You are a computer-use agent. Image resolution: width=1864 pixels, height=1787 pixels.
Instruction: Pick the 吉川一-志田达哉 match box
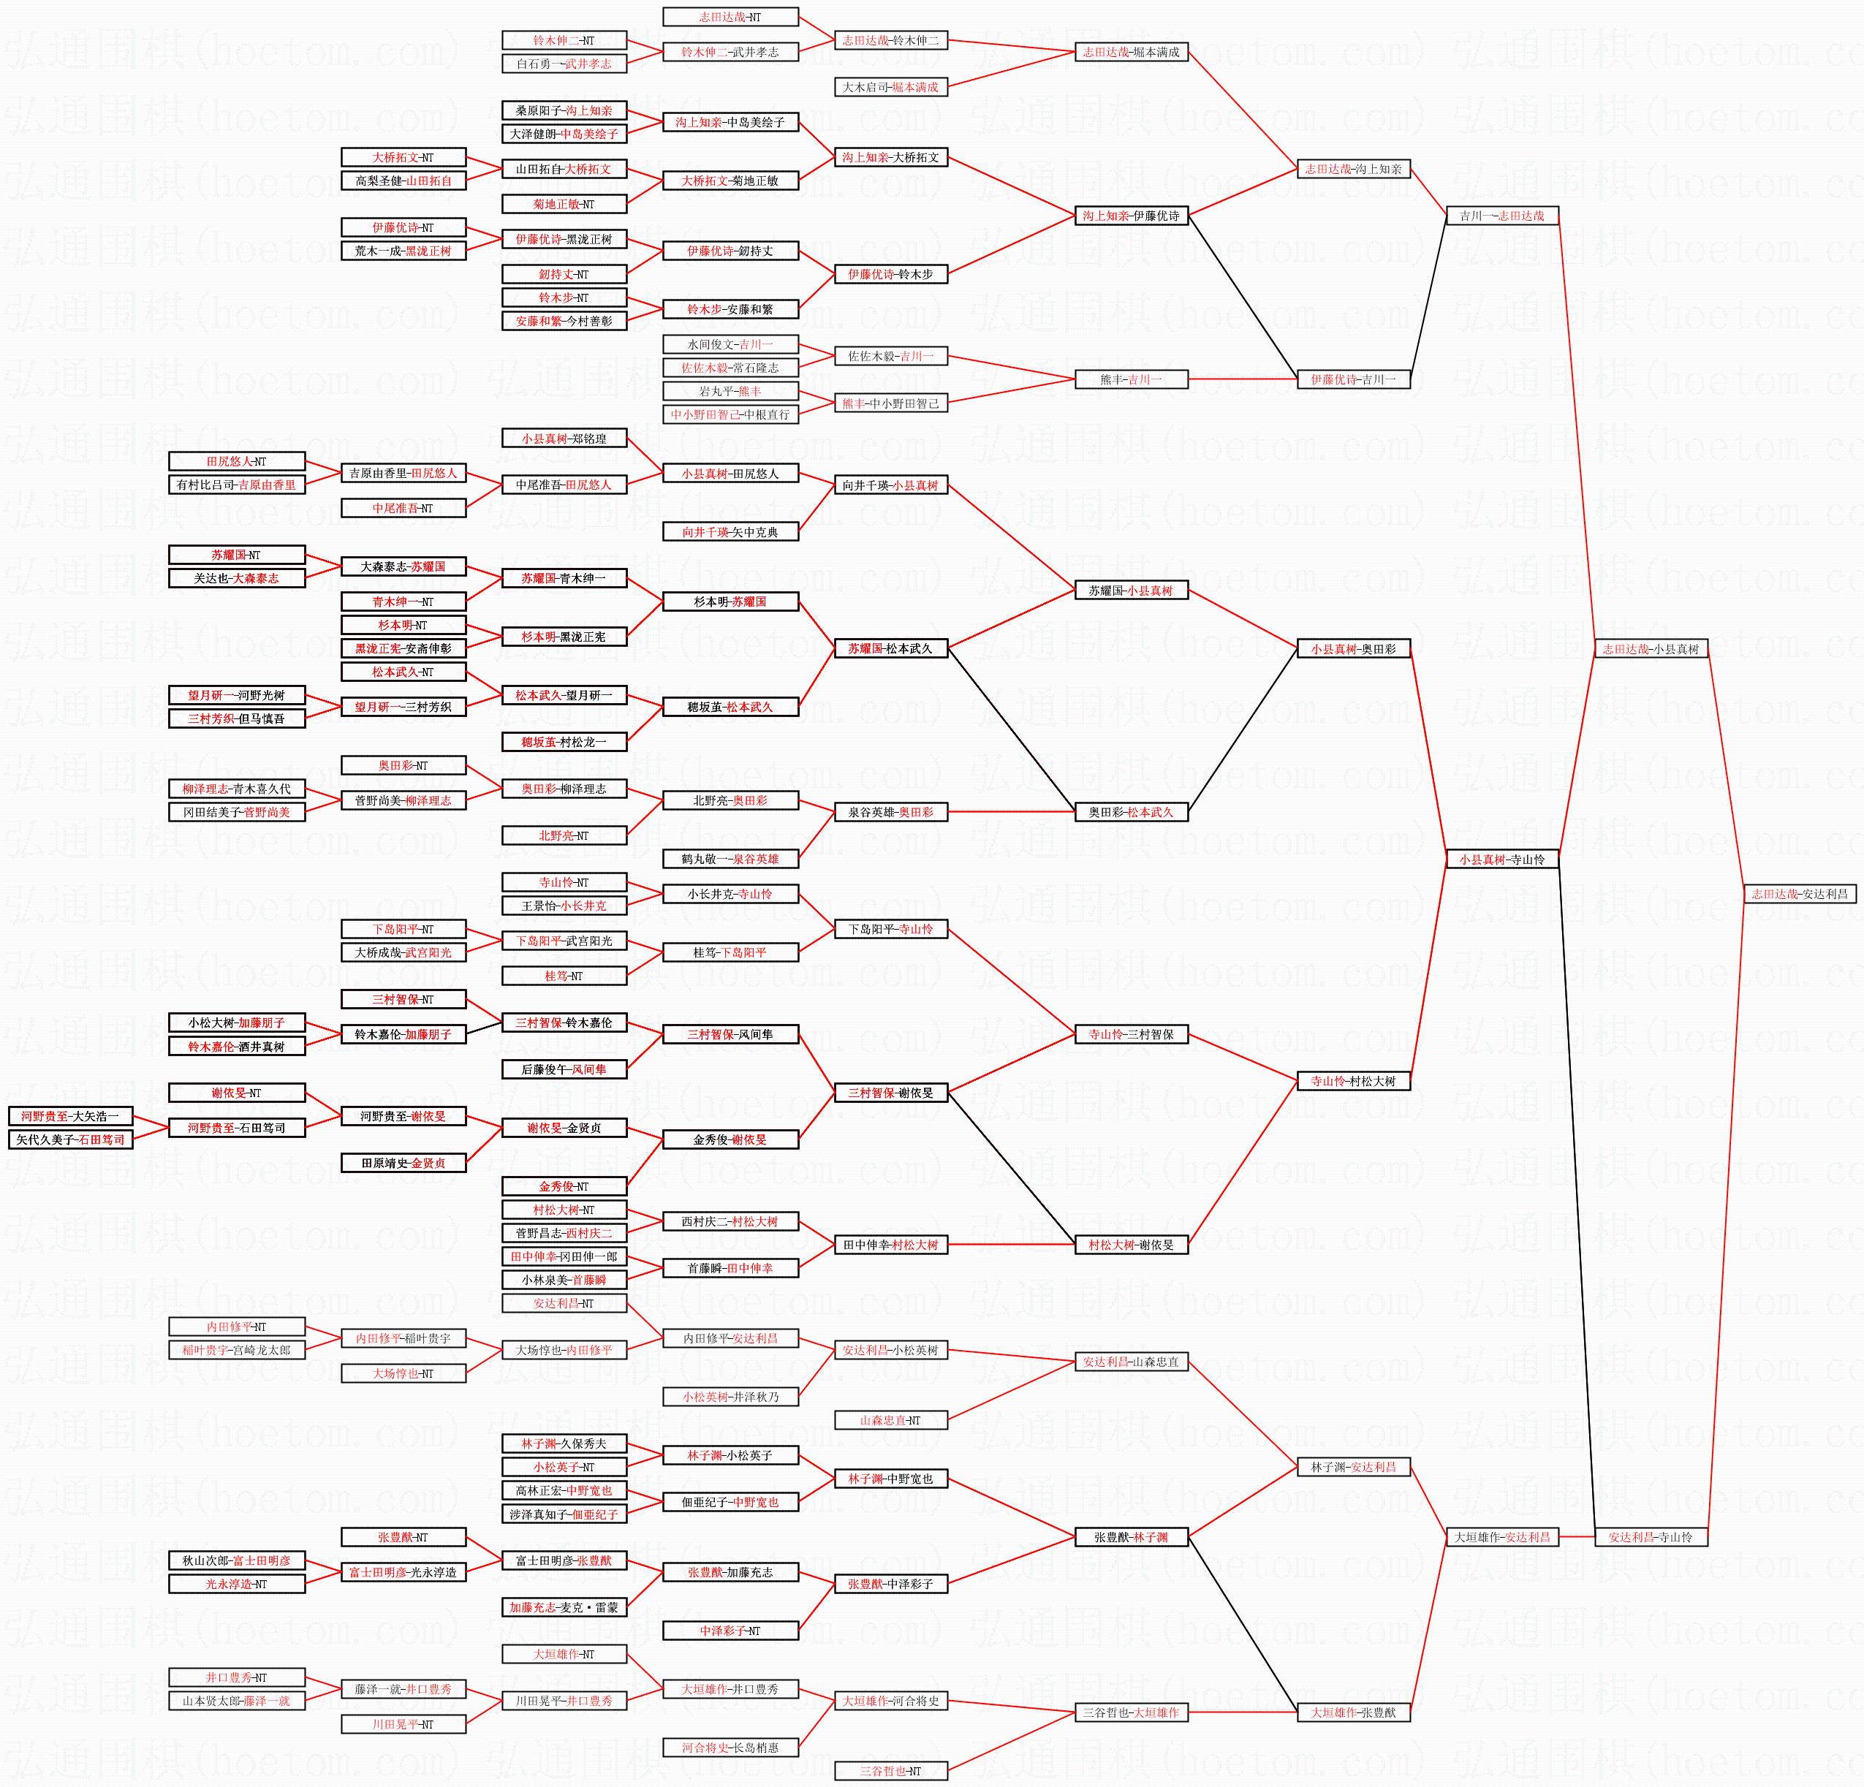pos(1501,216)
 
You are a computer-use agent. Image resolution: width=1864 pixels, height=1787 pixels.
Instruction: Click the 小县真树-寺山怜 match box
pos(1501,860)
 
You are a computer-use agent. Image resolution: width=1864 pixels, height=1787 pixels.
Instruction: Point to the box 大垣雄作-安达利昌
pos(1501,1537)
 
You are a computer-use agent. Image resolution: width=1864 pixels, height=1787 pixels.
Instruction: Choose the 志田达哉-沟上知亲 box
pos(1352,170)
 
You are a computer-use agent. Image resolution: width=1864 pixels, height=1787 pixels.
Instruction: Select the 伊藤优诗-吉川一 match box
pos(1352,379)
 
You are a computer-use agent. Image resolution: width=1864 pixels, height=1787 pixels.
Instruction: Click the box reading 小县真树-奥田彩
pos(1352,648)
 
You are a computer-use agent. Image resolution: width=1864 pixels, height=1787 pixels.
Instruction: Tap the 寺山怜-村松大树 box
pos(1352,1081)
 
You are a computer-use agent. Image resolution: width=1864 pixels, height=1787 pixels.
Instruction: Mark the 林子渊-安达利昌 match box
pos(1352,1468)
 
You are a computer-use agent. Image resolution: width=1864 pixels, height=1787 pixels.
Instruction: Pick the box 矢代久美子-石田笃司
pos(70,1139)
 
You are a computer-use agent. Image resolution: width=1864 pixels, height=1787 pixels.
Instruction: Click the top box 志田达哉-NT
pos(730,17)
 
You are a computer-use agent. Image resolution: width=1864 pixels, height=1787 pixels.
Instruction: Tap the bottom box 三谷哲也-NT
pos(890,1771)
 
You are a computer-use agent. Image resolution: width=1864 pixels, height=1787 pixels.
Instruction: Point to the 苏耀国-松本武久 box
pos(890,648)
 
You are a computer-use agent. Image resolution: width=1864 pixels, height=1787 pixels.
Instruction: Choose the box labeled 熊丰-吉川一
pos(1130,379)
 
